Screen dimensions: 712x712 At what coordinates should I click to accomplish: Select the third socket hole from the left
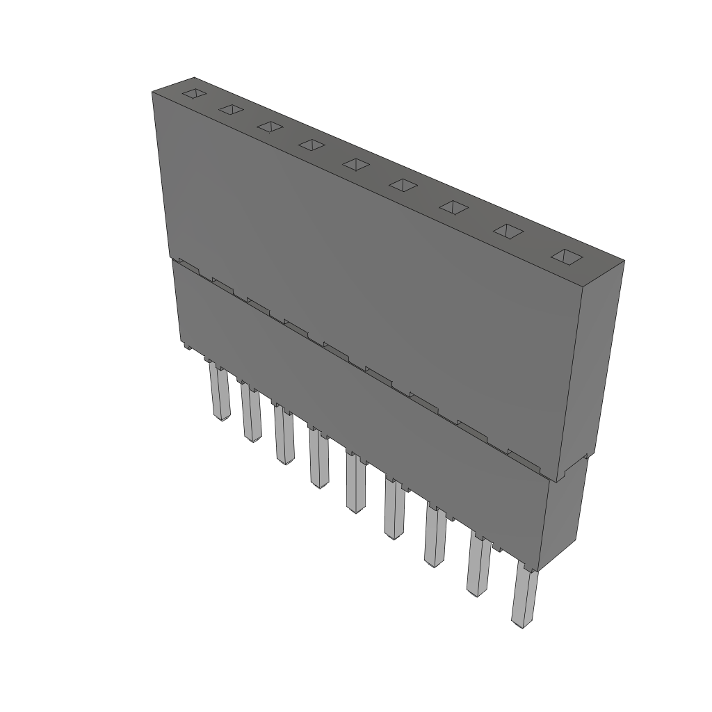(x=270, y=127)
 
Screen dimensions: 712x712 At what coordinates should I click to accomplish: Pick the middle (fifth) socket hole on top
(x=356, y=164)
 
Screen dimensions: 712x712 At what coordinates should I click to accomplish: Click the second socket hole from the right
(x=508, y=232)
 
